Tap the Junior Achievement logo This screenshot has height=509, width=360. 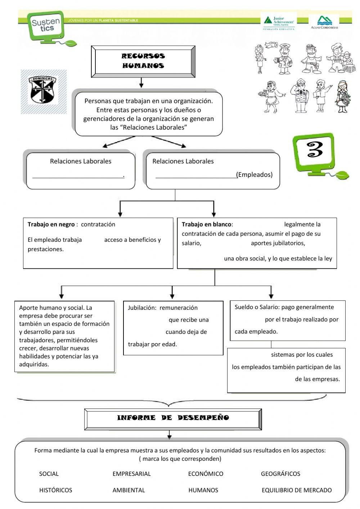[279, 22]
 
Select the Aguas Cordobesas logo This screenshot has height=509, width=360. [324, 22]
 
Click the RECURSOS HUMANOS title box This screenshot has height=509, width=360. [143, 61]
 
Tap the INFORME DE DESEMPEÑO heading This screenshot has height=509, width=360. [173, 418]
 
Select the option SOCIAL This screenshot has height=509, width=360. [49, 474]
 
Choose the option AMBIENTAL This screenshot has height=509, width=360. [129, 490]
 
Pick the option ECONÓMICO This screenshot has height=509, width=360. [206, 474]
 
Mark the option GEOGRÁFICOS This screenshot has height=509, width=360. [280, 474]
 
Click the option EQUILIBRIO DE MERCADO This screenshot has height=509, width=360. [297, 490]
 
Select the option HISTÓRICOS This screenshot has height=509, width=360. [55, 490]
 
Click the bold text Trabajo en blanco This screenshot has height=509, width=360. [207, 224]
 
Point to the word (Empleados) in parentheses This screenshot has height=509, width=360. [255, 175]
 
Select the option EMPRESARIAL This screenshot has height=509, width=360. [131, 474]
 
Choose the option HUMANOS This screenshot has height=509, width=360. [203, 490]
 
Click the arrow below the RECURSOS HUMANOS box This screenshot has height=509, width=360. [141, 83]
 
